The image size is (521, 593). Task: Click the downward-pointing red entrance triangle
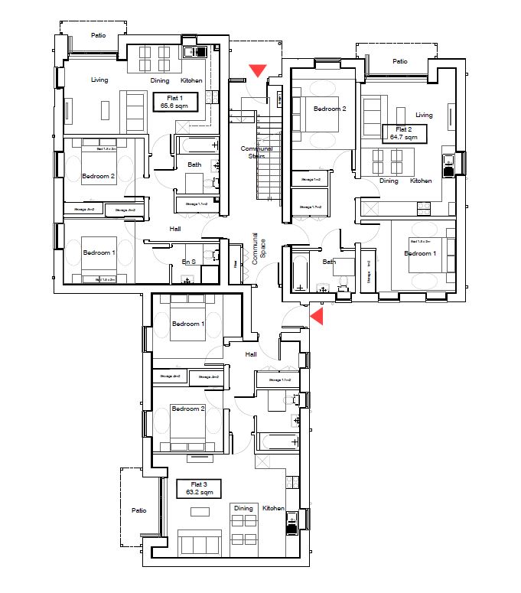click(258, 70)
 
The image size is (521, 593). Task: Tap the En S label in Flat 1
click(188, 262)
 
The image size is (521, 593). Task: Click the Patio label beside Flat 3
click(138, 510)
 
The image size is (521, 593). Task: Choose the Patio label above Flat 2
click(399, 62)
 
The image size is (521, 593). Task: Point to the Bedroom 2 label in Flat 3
click(188, 409)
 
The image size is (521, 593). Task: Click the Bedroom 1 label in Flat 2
click(420, 253)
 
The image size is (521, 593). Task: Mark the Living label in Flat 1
click(99, 80)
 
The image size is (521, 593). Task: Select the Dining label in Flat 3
click(243, 508)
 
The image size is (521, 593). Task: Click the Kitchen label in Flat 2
click(421, 181)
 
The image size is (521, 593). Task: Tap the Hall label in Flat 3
click(251, 354)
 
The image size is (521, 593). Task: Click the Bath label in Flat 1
click(194, 165)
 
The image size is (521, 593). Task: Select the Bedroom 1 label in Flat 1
click(99, 253)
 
